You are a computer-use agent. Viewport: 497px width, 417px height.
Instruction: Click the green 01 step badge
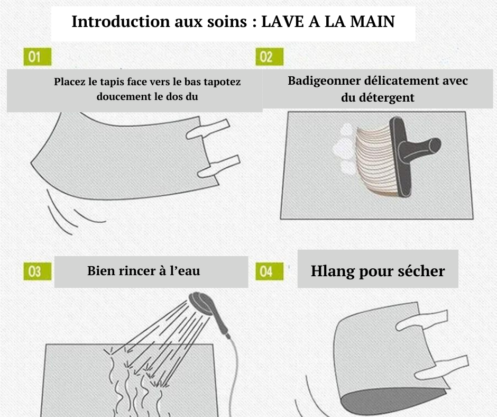click(x=38, y=57)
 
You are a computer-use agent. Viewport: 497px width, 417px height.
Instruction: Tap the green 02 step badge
click(x=270, y=57)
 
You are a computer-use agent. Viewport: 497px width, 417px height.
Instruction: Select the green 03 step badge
click(x=38, y=271)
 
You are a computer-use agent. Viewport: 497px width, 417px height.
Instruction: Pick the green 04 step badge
click(x=270, y=271)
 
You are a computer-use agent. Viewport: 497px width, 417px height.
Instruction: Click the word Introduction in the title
click(x=122, y=22)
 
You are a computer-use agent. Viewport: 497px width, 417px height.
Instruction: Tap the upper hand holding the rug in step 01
click(x=208, y=129)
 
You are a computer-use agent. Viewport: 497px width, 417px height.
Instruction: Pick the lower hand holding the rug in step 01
click(x=219, y=167)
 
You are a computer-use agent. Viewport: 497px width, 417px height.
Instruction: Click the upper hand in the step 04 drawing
click(x=421, y=321)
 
